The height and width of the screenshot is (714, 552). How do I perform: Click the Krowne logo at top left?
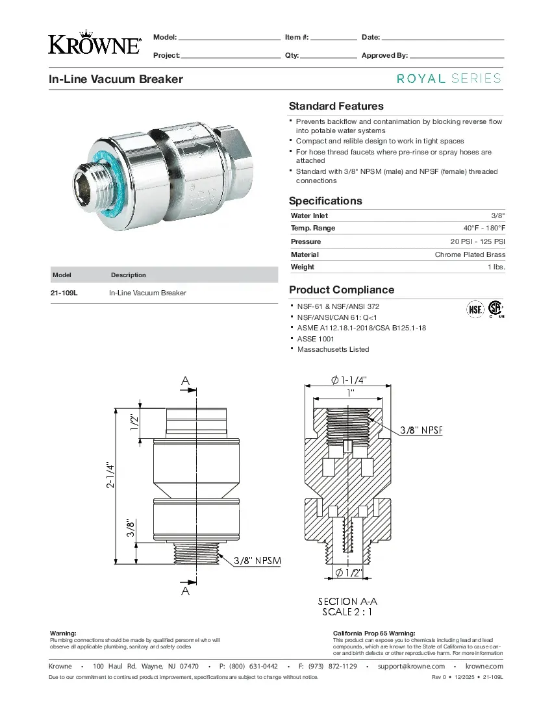pos(95,45)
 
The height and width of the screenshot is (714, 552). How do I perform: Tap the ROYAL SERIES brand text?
pos(449,79)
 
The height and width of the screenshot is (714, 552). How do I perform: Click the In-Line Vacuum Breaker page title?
pos(116,79)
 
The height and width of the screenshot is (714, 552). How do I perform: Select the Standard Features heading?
pos(336,106)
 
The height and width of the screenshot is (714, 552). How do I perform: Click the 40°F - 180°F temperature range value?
pos(484,228)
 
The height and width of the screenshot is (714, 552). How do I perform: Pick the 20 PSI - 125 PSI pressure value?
pos(478,241)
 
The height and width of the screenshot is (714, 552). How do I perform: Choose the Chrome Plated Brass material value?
pos(470,254)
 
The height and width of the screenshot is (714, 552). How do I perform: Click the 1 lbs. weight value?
pos(496,267)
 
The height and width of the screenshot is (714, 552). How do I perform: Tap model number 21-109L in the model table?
pos(64,293)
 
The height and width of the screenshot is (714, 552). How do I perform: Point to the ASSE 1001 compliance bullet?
pos(316,339)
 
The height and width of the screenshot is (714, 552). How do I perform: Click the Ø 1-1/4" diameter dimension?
pos(349,380)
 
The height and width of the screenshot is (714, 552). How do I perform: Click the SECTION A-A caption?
pos(347,602)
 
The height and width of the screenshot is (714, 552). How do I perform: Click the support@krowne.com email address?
pos(411,666)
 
